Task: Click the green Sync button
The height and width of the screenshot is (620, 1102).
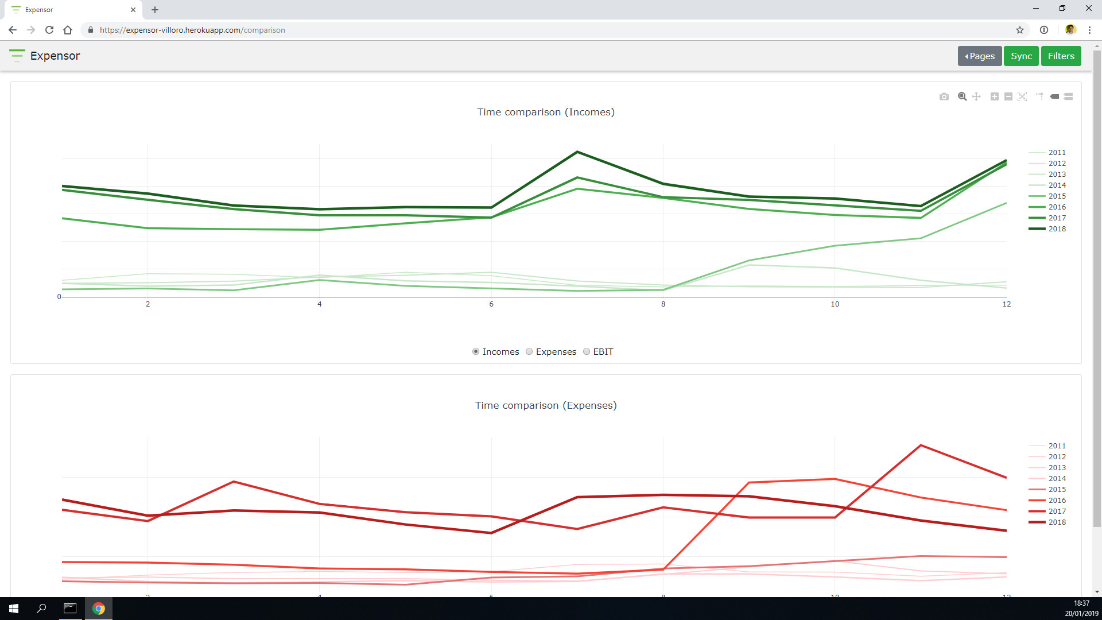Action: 1021,56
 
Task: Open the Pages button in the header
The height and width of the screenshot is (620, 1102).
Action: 979,56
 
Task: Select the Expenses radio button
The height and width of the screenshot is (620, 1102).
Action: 529,352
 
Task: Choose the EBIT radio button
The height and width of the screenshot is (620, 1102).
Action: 587,352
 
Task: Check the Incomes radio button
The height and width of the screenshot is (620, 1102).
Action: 476,352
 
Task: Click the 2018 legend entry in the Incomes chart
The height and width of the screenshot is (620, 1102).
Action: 1057,229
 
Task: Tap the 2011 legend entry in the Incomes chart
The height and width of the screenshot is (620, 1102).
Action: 1057,153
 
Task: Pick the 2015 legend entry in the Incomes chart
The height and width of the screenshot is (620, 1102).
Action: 1057,196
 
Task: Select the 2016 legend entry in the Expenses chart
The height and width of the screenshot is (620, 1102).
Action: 1057,501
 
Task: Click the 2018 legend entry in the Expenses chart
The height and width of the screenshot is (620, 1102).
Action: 1057,522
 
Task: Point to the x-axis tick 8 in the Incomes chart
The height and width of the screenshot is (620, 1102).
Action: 663,304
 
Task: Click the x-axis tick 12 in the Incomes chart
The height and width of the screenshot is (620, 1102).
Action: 1006,304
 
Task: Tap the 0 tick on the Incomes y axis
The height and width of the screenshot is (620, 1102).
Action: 59,297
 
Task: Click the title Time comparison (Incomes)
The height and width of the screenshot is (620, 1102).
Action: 545,113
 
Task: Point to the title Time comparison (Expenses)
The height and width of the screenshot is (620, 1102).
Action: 545,406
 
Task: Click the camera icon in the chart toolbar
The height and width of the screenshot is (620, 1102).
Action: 944,96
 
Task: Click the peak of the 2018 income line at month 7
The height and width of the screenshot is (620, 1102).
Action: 577,152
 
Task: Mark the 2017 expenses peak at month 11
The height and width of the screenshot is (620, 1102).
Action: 921,445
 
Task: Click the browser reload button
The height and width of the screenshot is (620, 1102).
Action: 49,30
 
